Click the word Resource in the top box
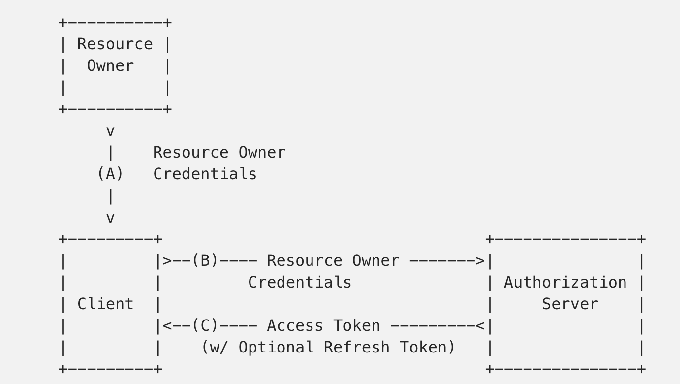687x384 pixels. [x=115, y=44]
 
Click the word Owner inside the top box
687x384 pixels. [x=110, y=66]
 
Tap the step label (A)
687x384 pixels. [x=110, y=174]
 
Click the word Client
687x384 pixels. [x=105, y=304]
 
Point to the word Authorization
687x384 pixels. [x=565, y=283]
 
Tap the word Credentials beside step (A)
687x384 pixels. [x=205, y=174]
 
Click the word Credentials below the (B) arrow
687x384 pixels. [x=300, y=283]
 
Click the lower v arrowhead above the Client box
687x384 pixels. [x=110, y=218]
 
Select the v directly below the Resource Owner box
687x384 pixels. [x=110, y=131]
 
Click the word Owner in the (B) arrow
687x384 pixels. [x=375, y=261]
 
